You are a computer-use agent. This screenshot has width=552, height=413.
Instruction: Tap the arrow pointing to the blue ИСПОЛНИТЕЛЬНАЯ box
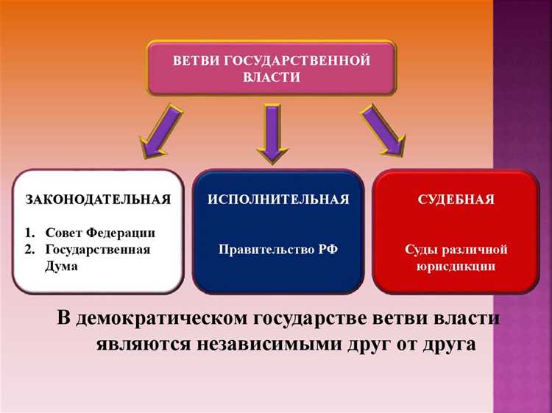coord(272,133)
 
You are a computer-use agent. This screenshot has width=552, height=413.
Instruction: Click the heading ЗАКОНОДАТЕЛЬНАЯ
coord(98,200)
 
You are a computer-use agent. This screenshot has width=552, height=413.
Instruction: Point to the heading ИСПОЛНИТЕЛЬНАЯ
coord(277,200)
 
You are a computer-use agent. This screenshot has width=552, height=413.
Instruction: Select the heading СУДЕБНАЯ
coord(456,200)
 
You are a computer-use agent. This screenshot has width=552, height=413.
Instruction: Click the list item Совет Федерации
coord(99,233)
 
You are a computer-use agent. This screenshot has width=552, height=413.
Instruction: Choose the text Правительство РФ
coord(278,250)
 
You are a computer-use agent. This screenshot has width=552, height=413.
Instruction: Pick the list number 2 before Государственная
coord(29,250)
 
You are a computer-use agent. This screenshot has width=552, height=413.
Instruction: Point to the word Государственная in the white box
coord(97,250)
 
